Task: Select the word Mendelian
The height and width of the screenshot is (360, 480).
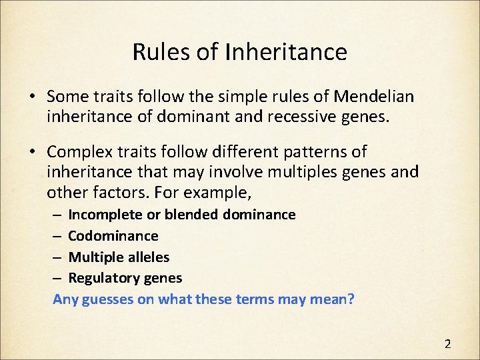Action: coord(373,97)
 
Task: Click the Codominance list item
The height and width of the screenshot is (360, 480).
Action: coord(113,236)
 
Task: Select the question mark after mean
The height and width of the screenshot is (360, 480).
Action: coord(351,299)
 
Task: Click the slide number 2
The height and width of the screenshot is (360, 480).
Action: coord(447,344)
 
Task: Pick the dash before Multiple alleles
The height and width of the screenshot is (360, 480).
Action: coord(57,257)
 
